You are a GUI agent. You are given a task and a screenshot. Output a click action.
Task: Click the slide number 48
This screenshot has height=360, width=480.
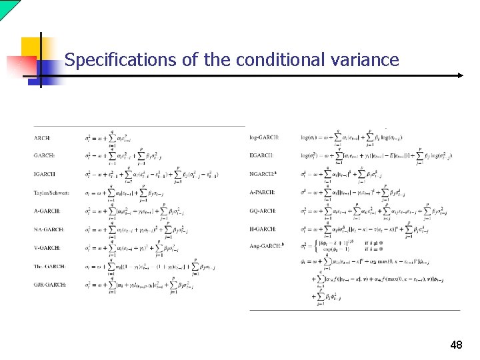(456, 345)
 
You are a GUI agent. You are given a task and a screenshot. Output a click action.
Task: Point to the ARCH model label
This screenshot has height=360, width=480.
(41, 138)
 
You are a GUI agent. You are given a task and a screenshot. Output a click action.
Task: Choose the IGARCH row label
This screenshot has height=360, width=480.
(44, 174)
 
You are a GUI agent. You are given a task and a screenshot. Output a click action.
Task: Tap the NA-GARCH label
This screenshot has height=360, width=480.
(49, 229)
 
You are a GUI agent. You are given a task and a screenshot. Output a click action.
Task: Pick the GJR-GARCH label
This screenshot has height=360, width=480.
(49, 285)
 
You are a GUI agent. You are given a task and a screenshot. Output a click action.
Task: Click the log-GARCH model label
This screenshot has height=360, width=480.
(264, 137)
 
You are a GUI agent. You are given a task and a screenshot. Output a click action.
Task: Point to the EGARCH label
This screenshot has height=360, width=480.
(263, 155)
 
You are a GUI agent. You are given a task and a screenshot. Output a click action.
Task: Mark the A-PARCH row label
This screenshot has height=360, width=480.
(262, 192)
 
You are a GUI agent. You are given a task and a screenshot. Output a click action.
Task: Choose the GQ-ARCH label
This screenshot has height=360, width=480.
(263, 210)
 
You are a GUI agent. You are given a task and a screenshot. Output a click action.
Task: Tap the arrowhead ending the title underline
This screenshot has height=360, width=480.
(459, 76)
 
